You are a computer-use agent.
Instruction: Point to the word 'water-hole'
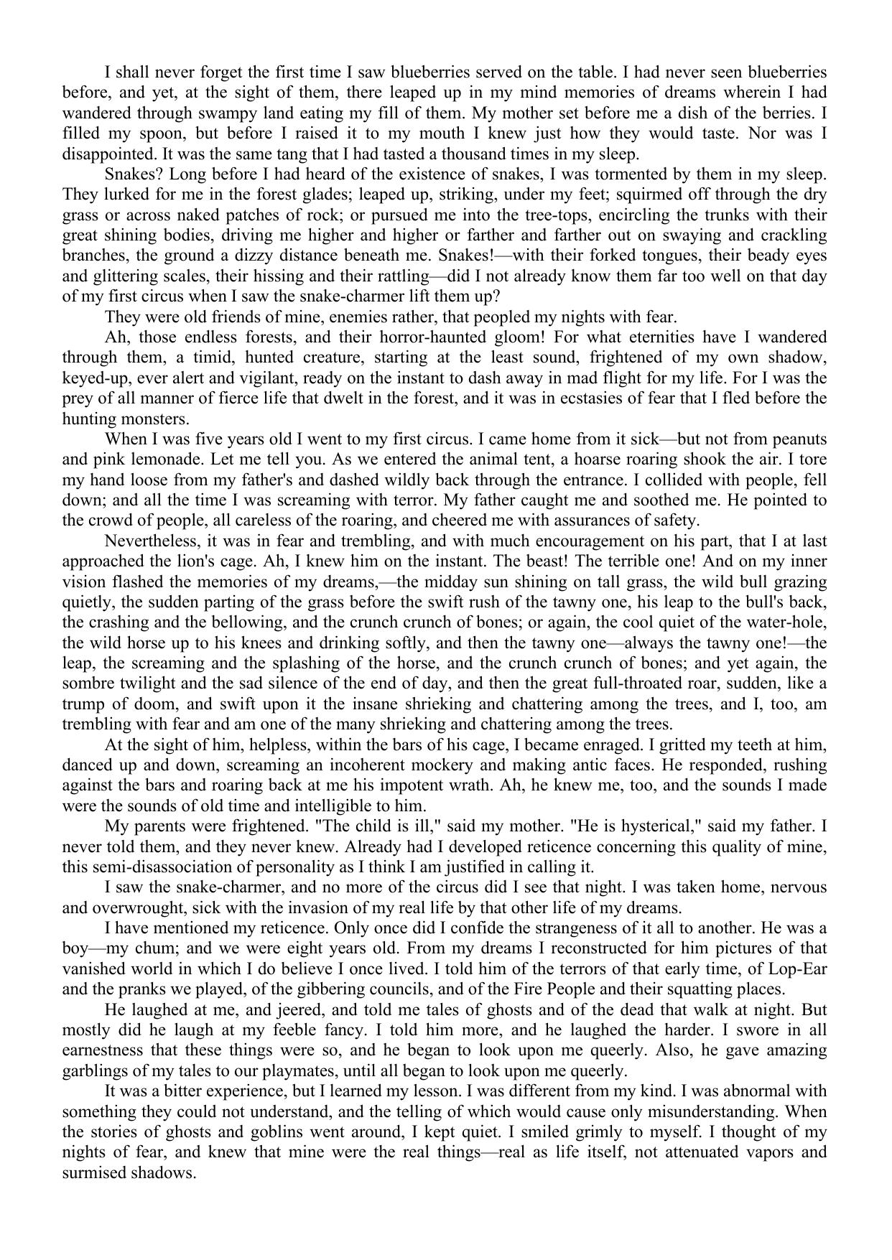point(789,622)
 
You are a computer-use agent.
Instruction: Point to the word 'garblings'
point(94,1070)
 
